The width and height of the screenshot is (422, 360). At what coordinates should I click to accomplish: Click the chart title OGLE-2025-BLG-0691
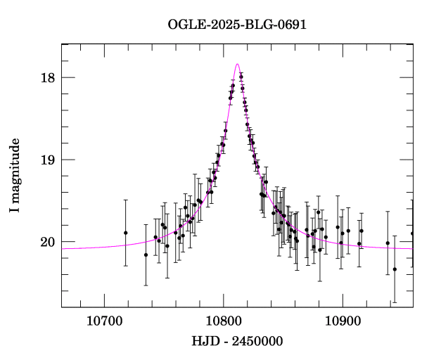[x=237, y=25]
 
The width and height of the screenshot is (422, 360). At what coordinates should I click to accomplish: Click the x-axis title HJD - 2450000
[x=237, y=342]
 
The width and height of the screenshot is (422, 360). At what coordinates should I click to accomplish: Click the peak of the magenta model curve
[x=237, y=64]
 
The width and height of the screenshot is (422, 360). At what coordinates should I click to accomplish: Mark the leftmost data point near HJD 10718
[x=126, y=233]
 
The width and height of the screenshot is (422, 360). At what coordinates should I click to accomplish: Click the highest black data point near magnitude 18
[x=241, y=77]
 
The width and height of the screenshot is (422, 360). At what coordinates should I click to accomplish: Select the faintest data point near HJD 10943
[x=395, y=269]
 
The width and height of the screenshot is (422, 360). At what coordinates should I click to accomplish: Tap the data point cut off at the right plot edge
[x=412, y=233]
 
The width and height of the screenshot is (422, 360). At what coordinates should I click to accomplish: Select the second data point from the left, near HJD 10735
[x=146, y=255]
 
